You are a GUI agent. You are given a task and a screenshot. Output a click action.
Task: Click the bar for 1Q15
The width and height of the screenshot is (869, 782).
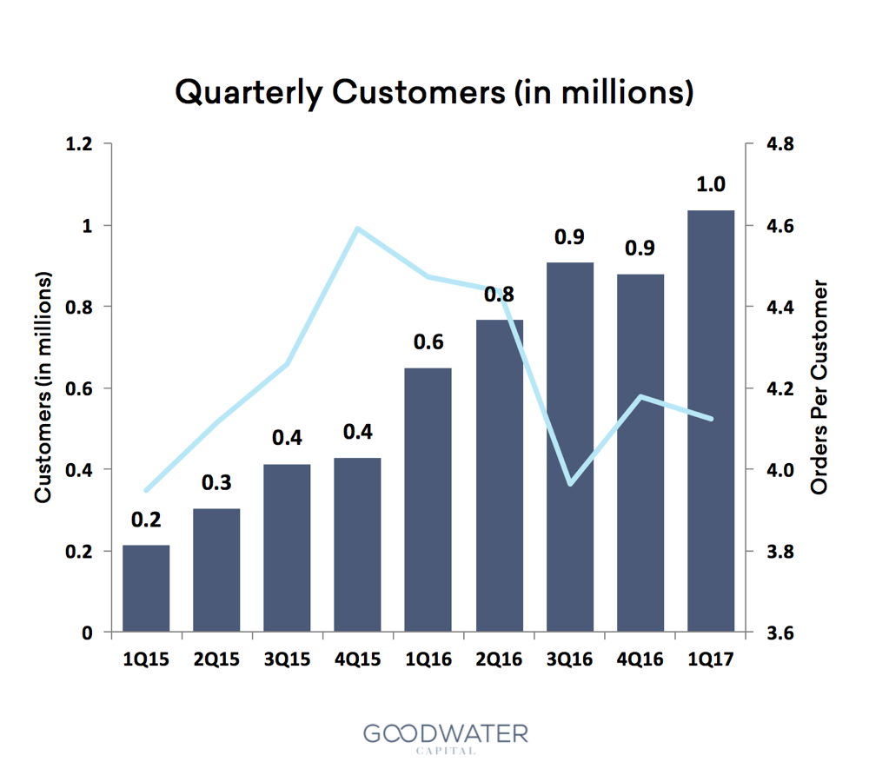tap(146, 588)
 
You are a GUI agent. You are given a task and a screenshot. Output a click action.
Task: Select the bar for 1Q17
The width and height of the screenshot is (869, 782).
tap(711, 421)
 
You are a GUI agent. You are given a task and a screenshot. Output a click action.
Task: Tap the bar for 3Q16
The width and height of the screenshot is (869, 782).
tap(570, 447)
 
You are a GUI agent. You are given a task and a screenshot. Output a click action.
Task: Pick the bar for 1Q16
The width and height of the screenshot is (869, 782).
tap(428, 500)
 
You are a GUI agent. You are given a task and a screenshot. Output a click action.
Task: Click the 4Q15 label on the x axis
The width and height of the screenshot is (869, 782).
tap(357, 659)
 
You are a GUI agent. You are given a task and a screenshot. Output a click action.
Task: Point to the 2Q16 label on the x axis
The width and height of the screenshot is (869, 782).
tap(499, 659)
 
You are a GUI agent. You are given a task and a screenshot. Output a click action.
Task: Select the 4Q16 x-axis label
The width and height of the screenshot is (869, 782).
tap(640, 659)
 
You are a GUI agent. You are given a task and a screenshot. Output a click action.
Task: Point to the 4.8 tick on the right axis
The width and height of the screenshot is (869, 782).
tap(775, 143)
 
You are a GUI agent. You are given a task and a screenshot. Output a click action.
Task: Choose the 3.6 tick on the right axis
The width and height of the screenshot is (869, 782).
tap(775, 633)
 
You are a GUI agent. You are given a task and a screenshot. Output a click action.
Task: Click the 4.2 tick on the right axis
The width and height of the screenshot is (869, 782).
tap(775, 388)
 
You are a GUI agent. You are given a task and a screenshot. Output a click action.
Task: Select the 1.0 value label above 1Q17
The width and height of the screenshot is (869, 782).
tap(711, 184)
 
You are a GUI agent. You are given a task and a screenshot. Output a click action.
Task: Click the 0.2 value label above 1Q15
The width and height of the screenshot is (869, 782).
tap(146, 520)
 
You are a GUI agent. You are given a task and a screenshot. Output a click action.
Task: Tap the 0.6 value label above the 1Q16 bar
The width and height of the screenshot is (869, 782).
tap(428, 342)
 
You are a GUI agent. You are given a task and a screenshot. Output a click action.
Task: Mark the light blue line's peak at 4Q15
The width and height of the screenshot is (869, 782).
tap(357, 229)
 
